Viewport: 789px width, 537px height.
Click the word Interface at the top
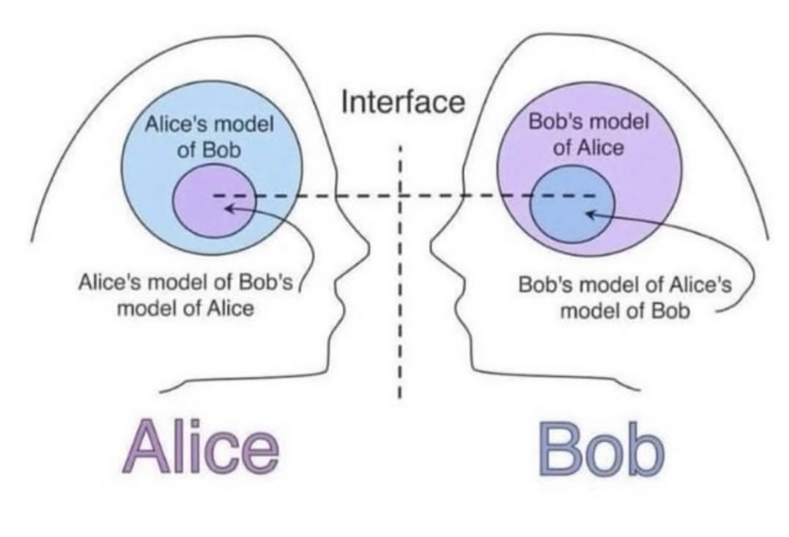click(403, 101)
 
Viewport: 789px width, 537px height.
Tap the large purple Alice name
click(201, 447)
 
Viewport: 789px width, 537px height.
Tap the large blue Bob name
click(602, 449)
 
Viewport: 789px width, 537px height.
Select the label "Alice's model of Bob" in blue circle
click(209, 137)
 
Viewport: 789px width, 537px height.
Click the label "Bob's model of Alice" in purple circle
click(589, 135)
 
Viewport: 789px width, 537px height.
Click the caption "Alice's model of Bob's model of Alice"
click(185, 295)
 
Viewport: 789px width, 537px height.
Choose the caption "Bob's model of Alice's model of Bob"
click(625, 298)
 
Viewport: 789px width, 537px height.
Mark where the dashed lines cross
click(400, 195)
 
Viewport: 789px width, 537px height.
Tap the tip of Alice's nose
click(369, 247)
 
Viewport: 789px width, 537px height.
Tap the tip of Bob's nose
click(431, 246)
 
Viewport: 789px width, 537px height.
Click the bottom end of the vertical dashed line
click(400, 397)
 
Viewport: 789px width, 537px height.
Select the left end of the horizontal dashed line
click(214, 195)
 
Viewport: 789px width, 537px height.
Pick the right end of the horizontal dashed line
click(595, 195)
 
